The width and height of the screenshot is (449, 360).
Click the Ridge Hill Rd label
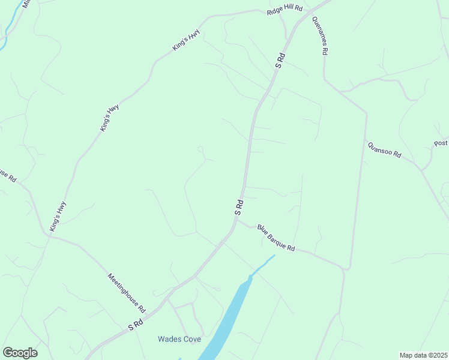click(285, 11)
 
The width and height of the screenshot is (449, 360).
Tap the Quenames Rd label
click(319, 35)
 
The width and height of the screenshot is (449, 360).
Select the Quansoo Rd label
click(384, 149)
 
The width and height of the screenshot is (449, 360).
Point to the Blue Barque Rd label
click(276, 238)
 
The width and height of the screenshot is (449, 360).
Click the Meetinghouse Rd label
click(127, 293)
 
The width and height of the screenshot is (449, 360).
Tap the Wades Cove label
click(179, 339)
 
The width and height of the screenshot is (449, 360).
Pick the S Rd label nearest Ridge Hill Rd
click(280, 61)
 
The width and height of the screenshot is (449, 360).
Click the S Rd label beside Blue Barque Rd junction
click(239, 208)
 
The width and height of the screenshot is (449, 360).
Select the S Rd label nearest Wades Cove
click(136, 325)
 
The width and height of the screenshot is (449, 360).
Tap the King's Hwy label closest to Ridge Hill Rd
click(185, 40)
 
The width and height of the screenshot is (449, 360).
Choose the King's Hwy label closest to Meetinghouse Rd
click(58, 217)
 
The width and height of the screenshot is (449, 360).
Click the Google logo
click(20, 353)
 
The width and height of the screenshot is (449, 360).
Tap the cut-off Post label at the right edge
click(441, 143)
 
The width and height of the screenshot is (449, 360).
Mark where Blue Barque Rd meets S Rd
click(237, 219)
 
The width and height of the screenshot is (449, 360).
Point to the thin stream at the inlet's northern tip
click(264, 264)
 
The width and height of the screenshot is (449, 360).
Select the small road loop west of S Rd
click(200, 149)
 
